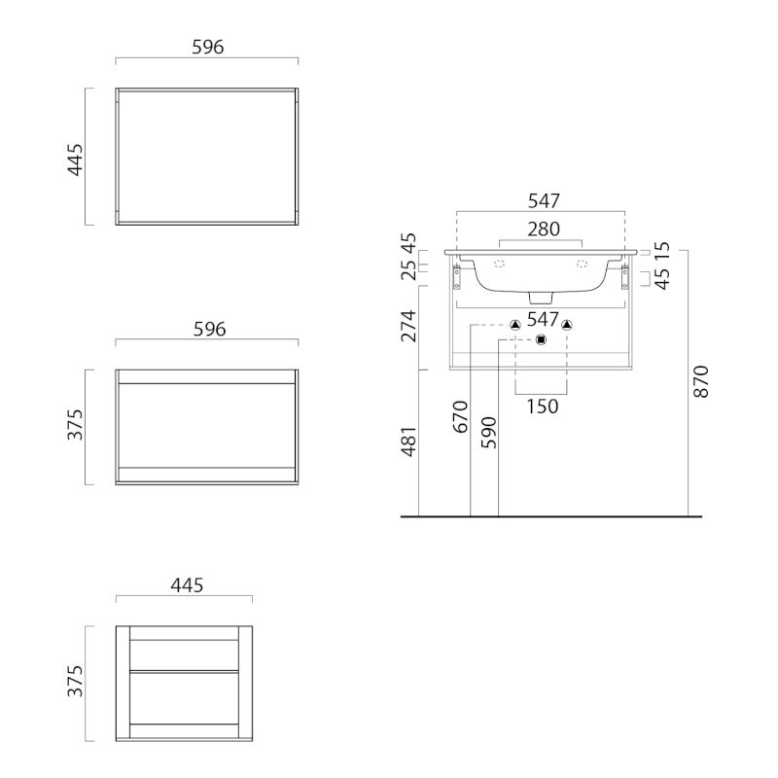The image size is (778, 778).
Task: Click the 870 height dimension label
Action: coord(701,381)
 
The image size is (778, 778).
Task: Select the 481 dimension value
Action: coord(409,442)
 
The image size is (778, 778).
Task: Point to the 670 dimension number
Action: coord(460,417)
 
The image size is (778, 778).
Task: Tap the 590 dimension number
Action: coord(489,433)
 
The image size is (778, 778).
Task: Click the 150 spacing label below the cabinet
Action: coord(543,407)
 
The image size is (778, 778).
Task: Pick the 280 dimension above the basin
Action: coord(544,230)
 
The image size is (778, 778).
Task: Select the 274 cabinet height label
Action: coord(409,326)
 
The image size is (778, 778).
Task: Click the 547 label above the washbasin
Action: coord(544,201)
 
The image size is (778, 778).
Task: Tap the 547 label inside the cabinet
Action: coord(543,320)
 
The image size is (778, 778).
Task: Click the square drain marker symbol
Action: coord(542,339)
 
